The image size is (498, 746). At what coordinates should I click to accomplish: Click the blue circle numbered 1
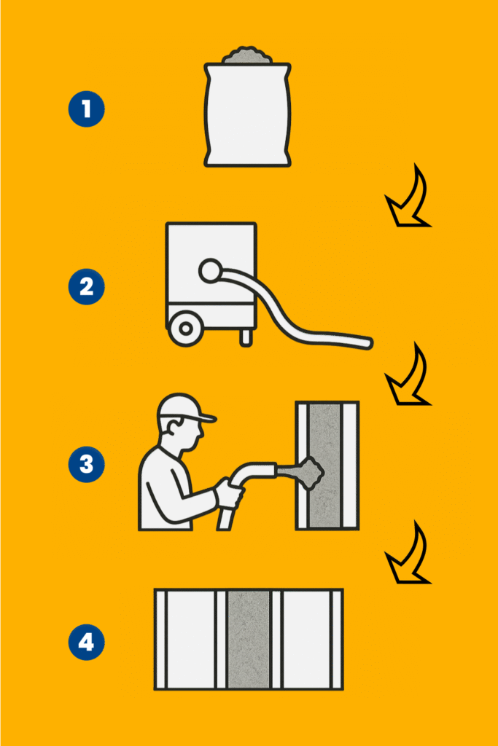(x=86, y=109)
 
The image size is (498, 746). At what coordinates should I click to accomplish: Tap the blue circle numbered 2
(x=86, y=286)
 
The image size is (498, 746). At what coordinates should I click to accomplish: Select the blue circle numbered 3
(x=86, y=464)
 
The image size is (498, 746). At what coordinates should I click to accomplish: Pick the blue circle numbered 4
(x=86, y=643)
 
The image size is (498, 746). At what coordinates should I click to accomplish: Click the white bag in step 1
(x=248, y=114)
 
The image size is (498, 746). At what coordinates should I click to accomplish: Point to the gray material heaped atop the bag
(x=248, y=55)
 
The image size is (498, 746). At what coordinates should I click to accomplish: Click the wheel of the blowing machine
(x=186, y=329)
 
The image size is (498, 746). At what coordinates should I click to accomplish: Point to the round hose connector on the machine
(x=210, y=271)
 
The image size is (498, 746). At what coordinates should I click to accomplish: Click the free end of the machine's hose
(x=367, y=343)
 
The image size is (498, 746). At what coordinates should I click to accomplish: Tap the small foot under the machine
(x=246, y=338)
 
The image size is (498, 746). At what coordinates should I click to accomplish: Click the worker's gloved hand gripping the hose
(x=228, y=492)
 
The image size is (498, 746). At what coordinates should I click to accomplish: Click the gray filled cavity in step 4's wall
(x=249, y=640)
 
